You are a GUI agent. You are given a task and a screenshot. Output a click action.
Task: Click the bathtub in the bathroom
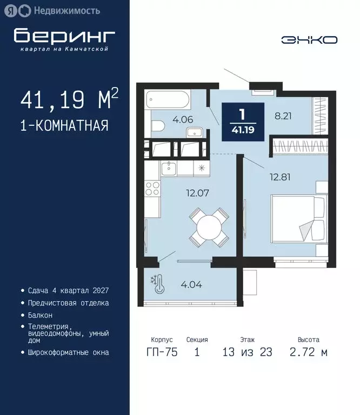[168, 100]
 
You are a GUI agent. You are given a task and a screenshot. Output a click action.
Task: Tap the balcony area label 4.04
[191, 284]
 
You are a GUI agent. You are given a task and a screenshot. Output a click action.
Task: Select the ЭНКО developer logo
[309, 39]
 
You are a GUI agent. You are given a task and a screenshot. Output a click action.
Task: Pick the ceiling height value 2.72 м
[308, 352]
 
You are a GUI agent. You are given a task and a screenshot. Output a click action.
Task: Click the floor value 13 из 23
[247, 352]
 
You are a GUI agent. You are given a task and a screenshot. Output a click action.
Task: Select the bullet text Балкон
[40, 314]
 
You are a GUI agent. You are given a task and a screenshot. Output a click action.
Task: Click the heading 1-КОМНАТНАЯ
[64, 126]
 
